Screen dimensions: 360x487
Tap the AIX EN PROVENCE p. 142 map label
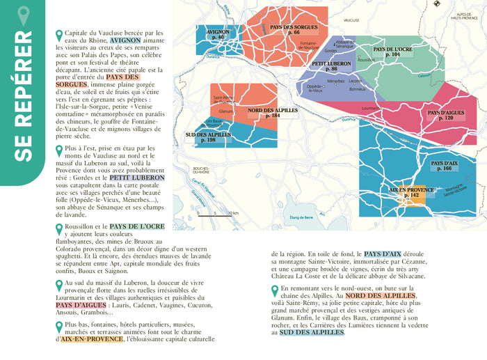411,192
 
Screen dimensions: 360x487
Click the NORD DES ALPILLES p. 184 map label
272,113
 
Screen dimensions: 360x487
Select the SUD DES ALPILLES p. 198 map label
208,137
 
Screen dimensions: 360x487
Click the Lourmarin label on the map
372,108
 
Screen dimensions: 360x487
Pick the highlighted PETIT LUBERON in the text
136,178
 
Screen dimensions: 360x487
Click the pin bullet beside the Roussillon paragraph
58,228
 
